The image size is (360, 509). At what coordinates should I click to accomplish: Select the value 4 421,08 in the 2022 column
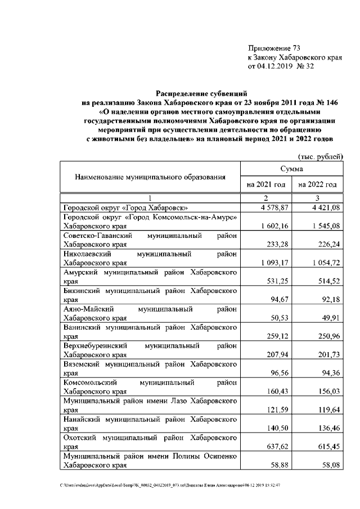[325, 208]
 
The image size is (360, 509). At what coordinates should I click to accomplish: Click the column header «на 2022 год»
[318, 184]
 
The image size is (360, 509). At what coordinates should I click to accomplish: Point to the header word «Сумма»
[292, 168]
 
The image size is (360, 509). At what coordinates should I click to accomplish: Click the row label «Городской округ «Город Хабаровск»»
[125, 208]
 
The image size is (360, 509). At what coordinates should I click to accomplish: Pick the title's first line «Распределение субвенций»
[201, 93]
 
